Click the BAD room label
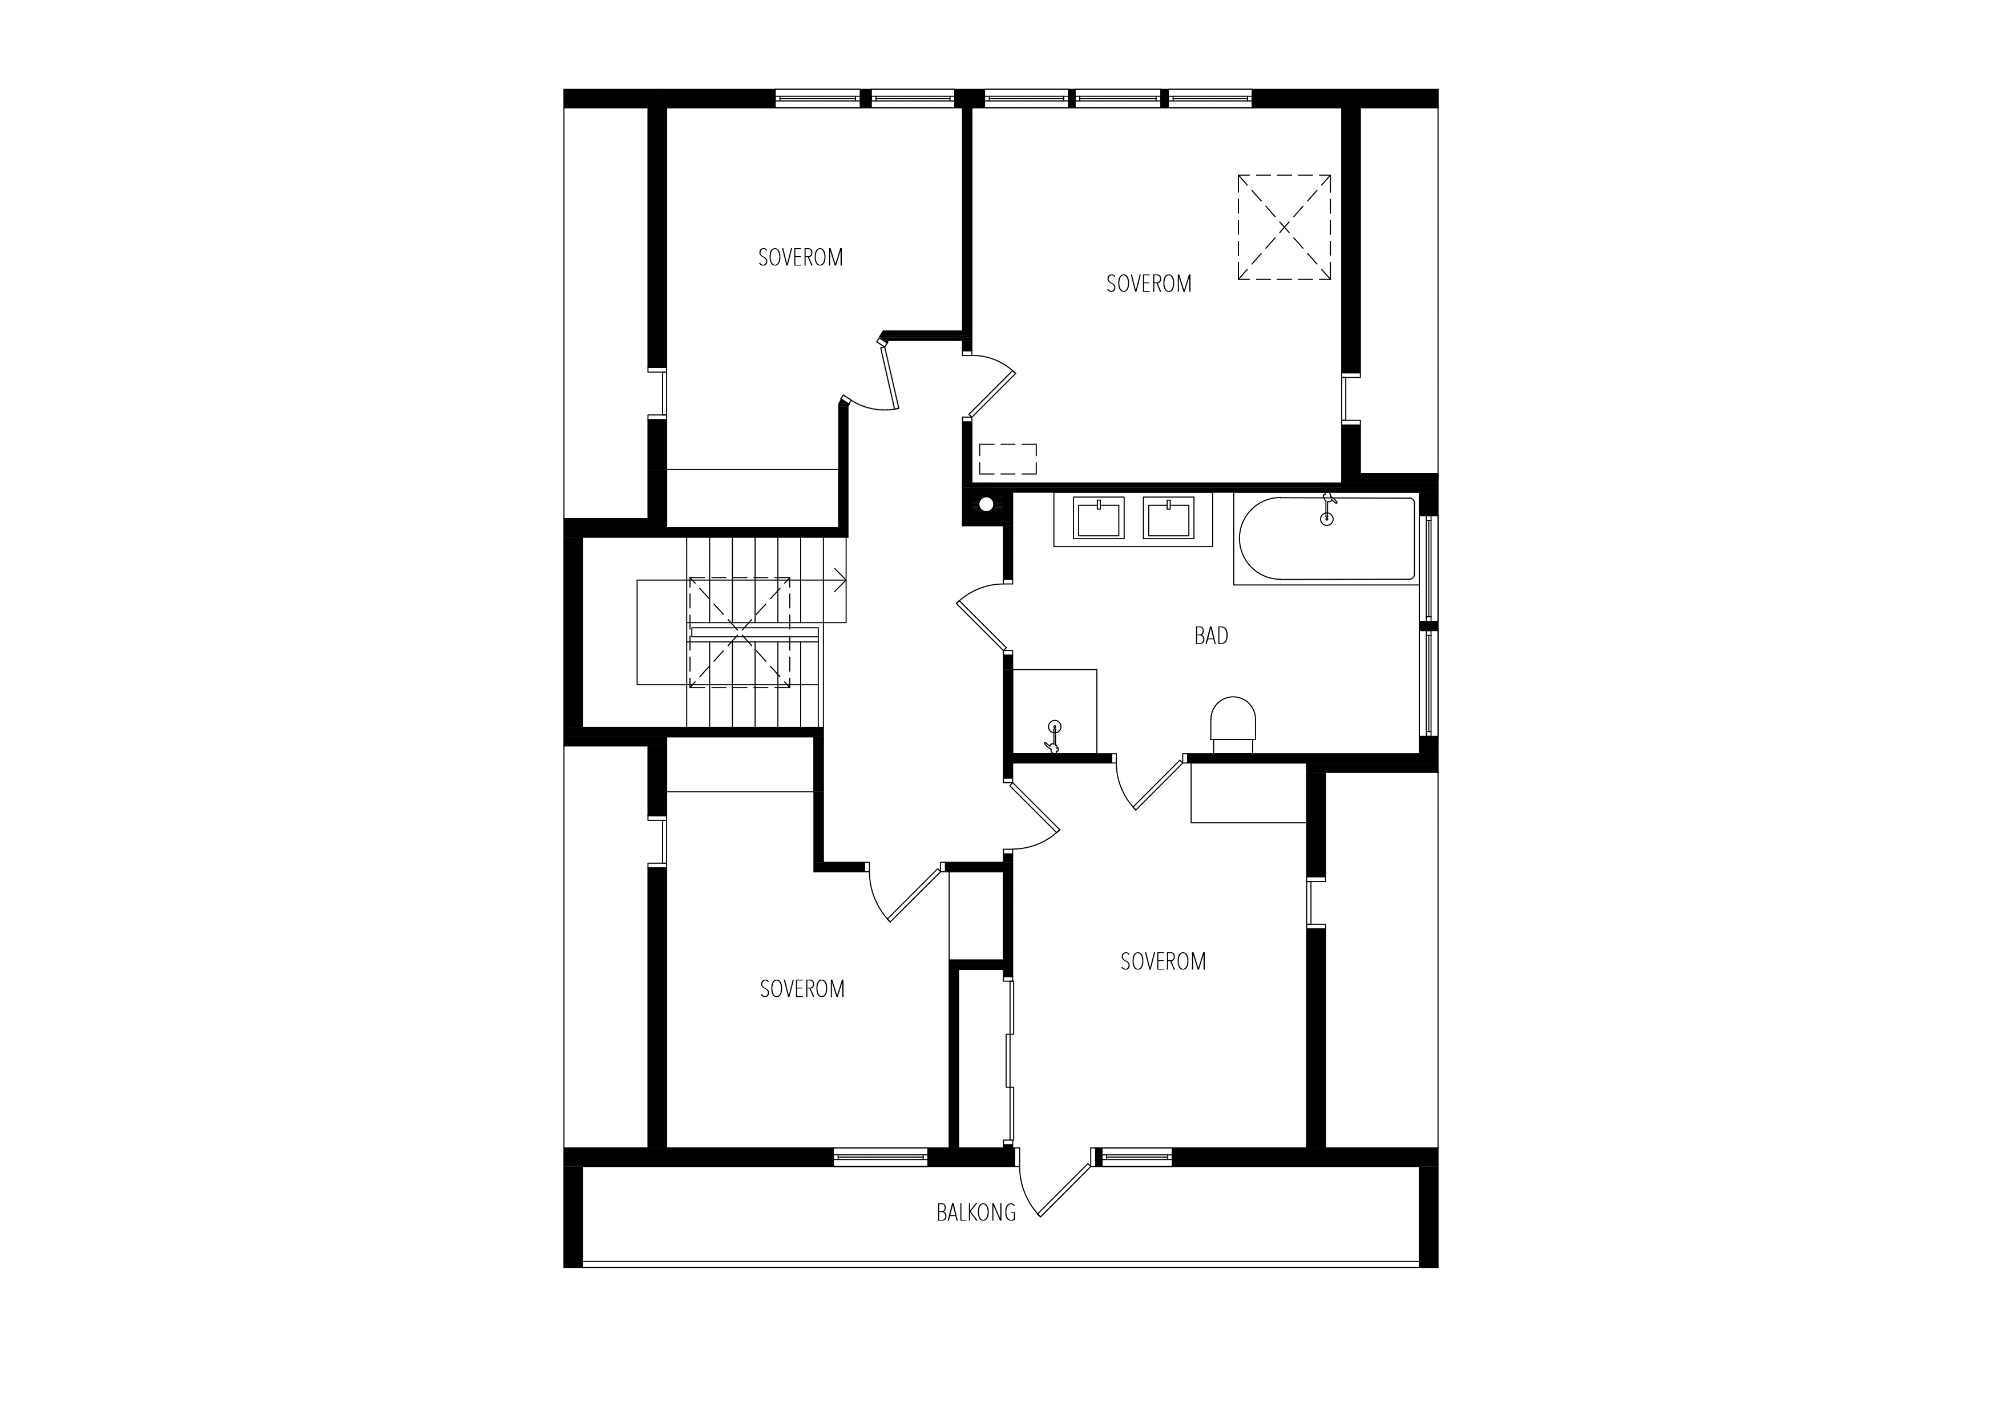1211,636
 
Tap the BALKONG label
976,1212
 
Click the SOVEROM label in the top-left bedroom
801,258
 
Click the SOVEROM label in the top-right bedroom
1148,284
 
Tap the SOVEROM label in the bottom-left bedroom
802,989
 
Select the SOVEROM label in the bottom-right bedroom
1163,961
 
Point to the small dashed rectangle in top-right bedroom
1008,459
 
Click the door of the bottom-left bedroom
907,894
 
